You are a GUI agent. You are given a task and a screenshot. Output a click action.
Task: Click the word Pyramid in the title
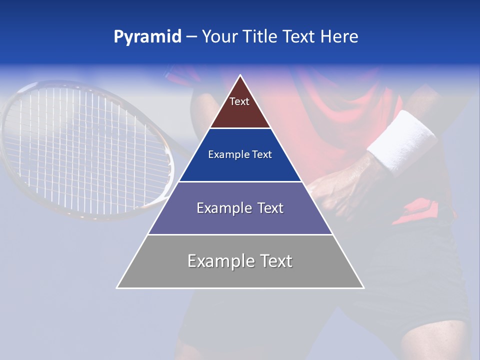[147, 37]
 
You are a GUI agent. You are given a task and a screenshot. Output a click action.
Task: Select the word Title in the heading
[261, 37]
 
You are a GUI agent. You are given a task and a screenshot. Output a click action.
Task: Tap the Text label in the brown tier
[239, 101]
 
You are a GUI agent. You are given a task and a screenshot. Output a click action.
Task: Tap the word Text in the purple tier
[270, 208]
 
